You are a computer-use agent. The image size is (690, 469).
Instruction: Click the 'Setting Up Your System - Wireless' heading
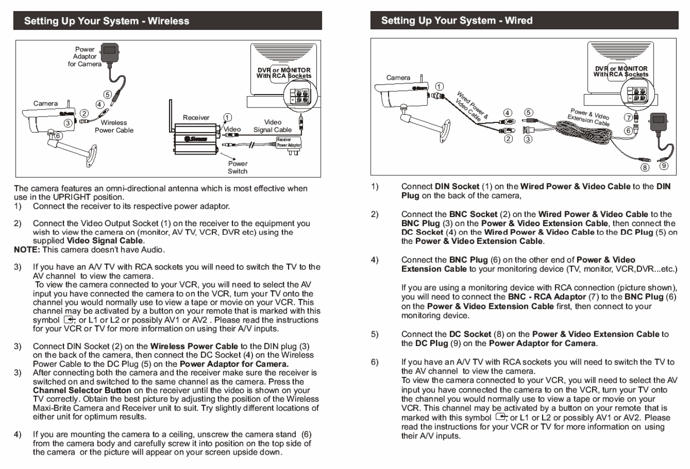[107, 21]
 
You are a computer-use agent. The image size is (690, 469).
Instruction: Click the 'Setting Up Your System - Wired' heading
[457, 21]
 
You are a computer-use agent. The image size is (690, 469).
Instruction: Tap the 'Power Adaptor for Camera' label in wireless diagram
[85, 57]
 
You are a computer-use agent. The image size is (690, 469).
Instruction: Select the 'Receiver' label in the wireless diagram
[196, 118]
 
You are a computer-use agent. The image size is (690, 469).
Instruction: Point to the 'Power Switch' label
[238, 167]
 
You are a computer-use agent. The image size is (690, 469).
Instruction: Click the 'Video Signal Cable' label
[272, 126]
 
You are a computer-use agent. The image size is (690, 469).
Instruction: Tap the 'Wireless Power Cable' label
[114, 126]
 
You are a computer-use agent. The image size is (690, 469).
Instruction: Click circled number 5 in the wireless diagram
[108, 95]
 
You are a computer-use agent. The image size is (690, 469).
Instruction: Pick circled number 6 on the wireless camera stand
[58, 136]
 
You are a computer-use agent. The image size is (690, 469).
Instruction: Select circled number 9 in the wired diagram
[664, 166]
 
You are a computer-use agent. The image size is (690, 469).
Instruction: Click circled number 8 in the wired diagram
[645, 167]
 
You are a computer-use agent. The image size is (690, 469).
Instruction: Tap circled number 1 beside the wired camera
[439, 87]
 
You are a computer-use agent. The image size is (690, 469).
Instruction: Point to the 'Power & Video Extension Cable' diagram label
[589, 117]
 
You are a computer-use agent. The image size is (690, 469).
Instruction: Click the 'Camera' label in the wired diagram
[398, 78]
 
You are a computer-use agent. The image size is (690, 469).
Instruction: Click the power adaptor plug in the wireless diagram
[110, 51]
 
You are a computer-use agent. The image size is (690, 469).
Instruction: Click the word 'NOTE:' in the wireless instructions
[27, 250]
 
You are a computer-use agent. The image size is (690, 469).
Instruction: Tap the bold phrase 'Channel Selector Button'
[82, 390]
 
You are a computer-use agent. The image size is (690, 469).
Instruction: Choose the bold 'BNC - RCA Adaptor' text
[546, 297]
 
